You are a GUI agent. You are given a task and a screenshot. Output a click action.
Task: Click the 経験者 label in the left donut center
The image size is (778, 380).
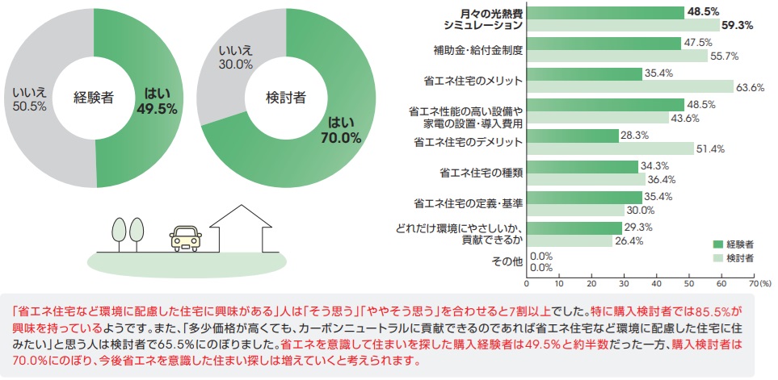click(94, 98)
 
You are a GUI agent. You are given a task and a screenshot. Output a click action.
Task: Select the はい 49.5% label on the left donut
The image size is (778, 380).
click(157, 100)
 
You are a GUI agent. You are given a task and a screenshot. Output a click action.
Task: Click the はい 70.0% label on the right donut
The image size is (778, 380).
click(340, 130)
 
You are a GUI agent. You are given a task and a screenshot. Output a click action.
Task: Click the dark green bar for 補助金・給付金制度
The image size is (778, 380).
click(603, 44)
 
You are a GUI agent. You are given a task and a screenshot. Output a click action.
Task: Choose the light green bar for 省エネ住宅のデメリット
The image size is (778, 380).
click(610, 148)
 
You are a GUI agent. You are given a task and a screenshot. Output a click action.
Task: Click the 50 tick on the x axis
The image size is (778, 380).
click(688, 284)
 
